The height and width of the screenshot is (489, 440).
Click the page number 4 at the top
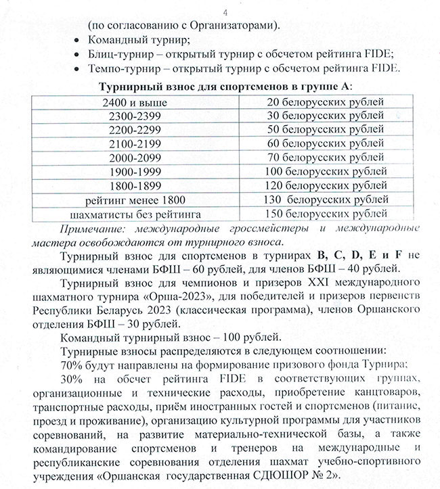(x=225, y=11)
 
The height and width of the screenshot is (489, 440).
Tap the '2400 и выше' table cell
(x=140, y=102)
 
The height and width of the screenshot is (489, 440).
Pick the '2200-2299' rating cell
(x=140, y=129)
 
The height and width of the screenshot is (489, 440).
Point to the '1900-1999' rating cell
(x=140, y=170)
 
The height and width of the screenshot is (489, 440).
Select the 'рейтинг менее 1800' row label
(x=140, y=200)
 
